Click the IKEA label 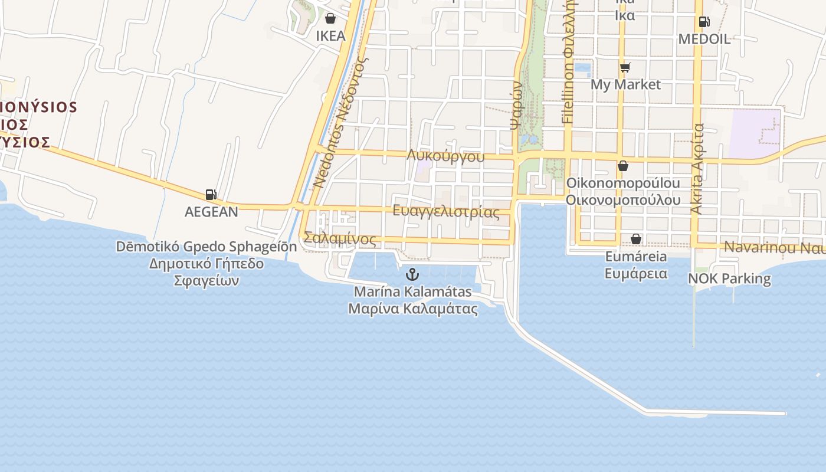tap(330, 36)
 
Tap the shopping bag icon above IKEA tap(330, 18)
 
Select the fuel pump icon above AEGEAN tap(211, 194)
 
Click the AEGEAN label tap(211, 212)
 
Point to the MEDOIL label tap(704, 40)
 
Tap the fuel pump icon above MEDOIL tap(704, 22)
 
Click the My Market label tap(625, 84)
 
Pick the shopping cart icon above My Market tap(625, 67)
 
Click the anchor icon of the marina tap(412, 274)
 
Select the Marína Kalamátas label tap(413, 291)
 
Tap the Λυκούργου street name tap(445, 156)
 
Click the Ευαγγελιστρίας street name tap(446, 211)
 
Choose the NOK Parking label tap(729, 278)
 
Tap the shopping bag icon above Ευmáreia tap(636, 239)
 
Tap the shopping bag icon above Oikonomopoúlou tap(622, 166)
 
